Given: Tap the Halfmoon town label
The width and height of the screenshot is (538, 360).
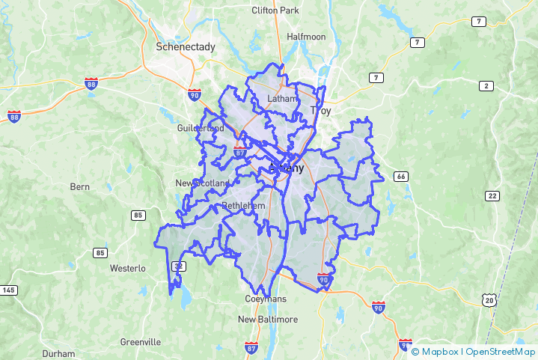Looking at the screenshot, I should pyautogui.click(x=306, y=37).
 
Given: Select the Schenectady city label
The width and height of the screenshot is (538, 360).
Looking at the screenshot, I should pyautogui.click(x=185, y=46).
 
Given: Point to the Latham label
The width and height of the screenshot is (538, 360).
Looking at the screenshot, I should pyautogui.click(x=282, y=99).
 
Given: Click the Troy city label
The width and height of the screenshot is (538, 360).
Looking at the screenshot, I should pyautogui.click(x=321, y=111).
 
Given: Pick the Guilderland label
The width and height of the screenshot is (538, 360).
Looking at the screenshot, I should pyautogui.click(x=200, y=128).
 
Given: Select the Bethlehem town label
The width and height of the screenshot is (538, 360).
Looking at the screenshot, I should pyautogui.click(x=244, y=206).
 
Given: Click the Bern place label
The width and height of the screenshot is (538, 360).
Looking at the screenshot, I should pyautogui.click(x=79, y=186).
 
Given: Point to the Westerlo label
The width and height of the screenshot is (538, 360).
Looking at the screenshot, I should pyautogui.click(x=127, y=267).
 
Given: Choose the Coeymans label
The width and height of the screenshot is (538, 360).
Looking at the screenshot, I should pyautogui.click(x=265, y=299).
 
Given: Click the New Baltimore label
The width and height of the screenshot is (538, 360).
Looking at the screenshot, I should pyautogui.click(x=268, y=320).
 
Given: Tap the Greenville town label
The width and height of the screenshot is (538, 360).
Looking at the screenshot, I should pyautogui.click(x=140, y=342).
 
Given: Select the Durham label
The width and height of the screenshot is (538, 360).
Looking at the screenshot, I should pyautogui.click(x=58, y=353).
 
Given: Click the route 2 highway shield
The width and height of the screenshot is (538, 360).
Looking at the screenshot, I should pyautogui.click(x=487, y=86).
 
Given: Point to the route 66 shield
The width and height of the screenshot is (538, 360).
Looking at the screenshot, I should pyautogui.click(x=402, y=177).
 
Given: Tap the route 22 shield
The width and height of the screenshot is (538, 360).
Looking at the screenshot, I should pyautogui.click(x=492, y=196).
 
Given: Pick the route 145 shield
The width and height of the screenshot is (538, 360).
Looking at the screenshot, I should pyautogui.click(x=9, y=290).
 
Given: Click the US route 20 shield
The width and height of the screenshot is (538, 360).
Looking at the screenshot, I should pyautogui.click(x=489, y=300).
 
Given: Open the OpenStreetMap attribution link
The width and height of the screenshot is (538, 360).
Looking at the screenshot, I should pyautogui.click(x=501, y=351).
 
